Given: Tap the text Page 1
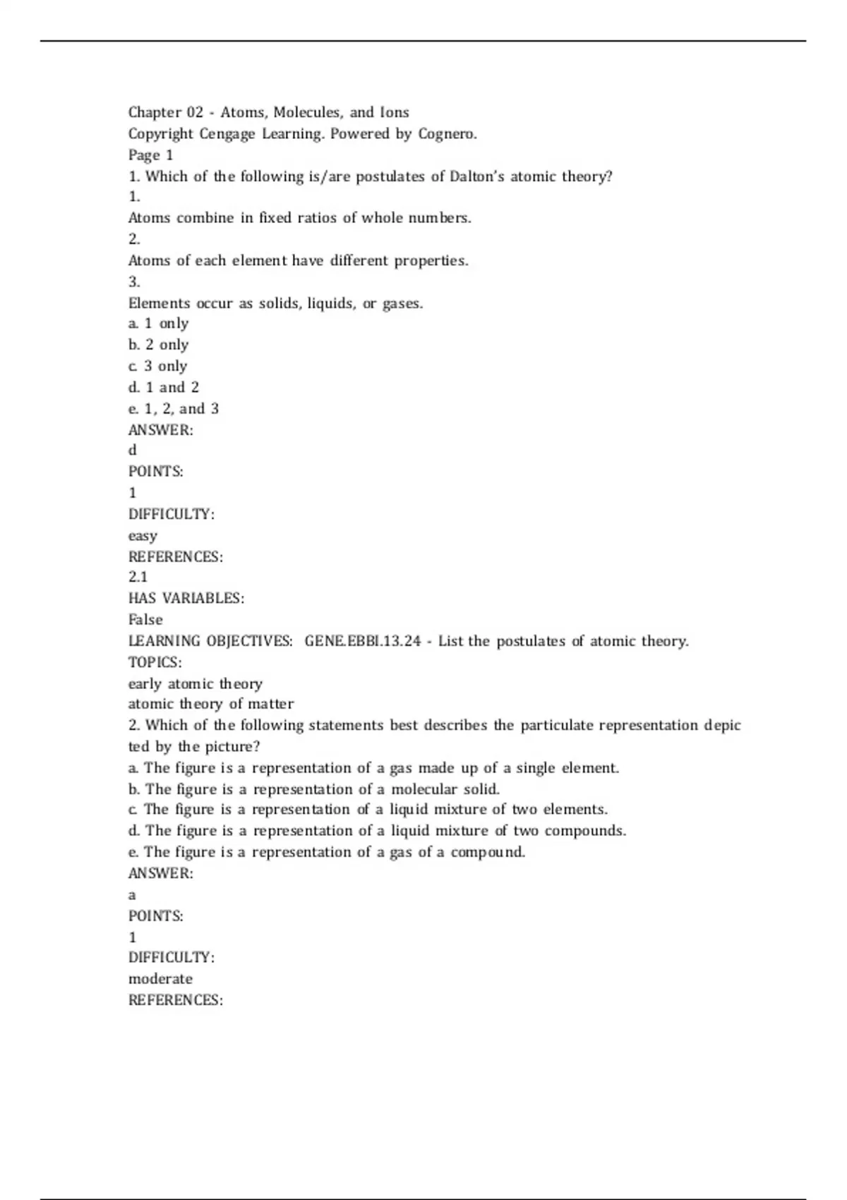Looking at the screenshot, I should coord(150,155).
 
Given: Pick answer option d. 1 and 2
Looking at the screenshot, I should coord(164,388).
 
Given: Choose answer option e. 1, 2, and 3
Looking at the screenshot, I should coord(174,409).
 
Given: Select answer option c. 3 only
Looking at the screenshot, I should coord(158,366).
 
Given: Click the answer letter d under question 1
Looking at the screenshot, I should coord(133,450).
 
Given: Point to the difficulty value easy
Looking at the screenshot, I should coord(143,536).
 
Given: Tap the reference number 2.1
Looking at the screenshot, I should coord(138,577).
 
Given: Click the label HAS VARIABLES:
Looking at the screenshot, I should coord(186,599).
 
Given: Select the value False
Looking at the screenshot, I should coord(145,620).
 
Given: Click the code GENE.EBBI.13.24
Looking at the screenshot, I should coord(363,641).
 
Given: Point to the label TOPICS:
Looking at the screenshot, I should coord(155,662).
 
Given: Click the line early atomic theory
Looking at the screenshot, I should coord(196,683).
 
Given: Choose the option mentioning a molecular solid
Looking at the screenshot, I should coord(314,788).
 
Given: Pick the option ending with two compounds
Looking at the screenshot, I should coord(378,831).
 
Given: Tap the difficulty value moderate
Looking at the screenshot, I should coord(160,979).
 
